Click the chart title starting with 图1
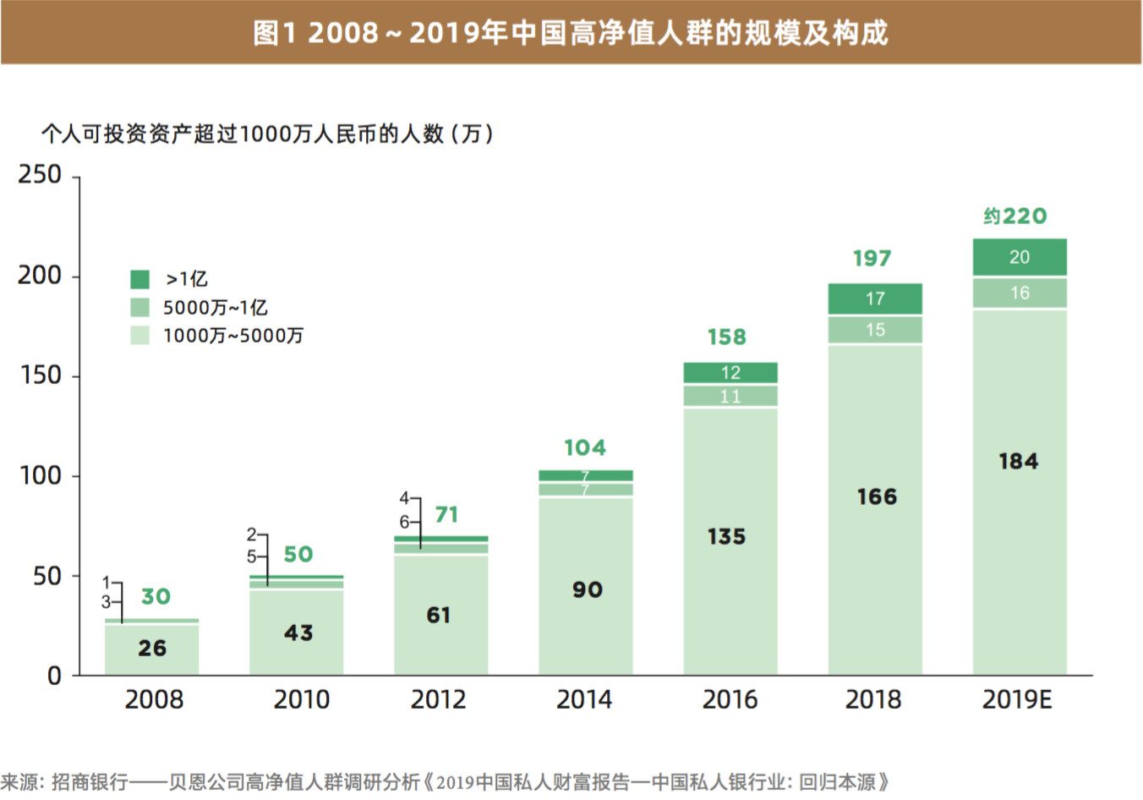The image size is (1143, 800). point(571,33)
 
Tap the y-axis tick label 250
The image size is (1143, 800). point(40,174)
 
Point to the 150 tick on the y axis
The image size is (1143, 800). point(40,375)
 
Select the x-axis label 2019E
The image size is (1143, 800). point(1017,699)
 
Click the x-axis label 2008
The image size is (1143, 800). point(153,699)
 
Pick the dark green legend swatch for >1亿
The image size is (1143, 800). point(139,279)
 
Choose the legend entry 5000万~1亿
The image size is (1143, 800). point(215,308)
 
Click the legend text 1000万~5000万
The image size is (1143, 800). point(232,336)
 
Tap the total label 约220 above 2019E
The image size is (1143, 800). point(1014,216)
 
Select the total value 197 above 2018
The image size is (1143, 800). point(872,259)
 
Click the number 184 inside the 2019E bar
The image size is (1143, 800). point(1018,462)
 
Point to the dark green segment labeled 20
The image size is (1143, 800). point(1020,257)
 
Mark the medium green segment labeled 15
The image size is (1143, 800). point(875,330)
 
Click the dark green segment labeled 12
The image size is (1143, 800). point(730,373)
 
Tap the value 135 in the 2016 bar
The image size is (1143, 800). point(726,537)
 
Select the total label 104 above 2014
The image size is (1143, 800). point(585,448)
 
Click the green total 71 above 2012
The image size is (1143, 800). point(446,515)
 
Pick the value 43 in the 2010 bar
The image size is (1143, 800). point(298,633)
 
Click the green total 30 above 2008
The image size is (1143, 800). point(156,597)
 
